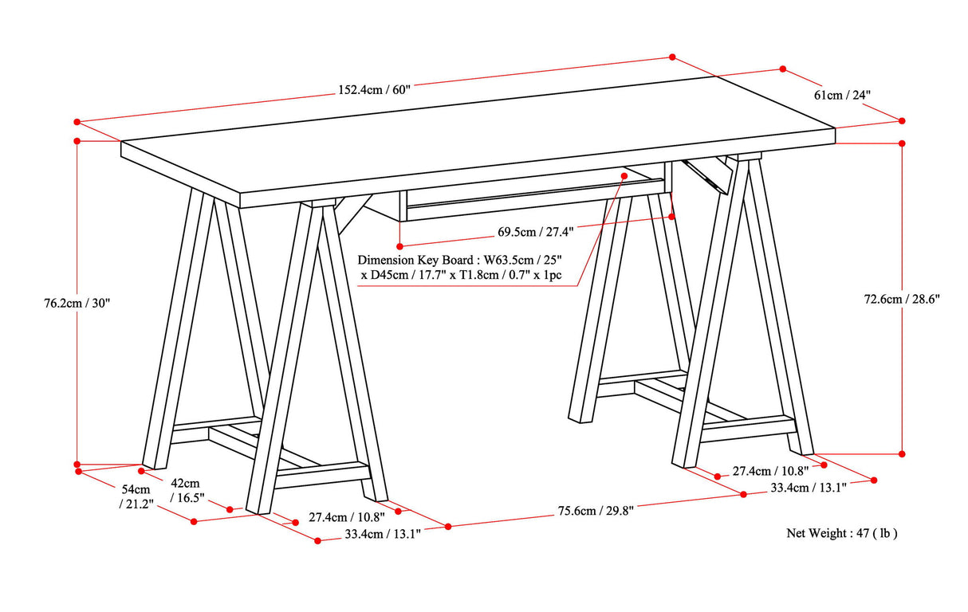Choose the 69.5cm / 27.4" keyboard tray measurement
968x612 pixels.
536,232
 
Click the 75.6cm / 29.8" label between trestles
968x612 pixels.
596,510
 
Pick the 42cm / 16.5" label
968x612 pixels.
187,491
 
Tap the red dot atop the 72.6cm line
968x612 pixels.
903,143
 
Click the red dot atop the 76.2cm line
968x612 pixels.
77,141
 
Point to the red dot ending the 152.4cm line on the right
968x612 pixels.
672,57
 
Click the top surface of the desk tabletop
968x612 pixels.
478,135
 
